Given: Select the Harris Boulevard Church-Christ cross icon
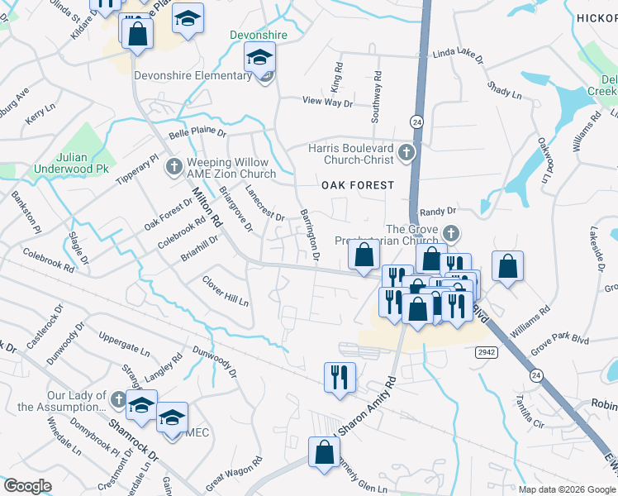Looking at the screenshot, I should [x=406, y=152].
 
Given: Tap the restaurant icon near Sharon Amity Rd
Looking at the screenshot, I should [x=340, y=377].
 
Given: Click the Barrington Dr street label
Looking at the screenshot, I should [x=310, y=236].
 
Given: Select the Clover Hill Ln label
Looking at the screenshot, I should [x=226, y=291].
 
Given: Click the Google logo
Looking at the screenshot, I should [x=26, y=485].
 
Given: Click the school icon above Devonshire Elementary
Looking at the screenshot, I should [x=259, y=58].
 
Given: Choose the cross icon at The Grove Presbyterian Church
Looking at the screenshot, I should [x=450, y=232].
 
